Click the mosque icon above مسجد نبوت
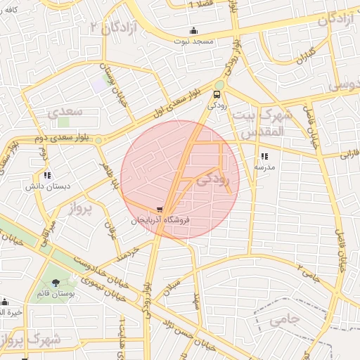(194, 30)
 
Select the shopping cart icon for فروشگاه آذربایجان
(161, 210)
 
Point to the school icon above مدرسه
(264, 157)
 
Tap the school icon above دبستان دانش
(47, 175)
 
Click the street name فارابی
(349, 153)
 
